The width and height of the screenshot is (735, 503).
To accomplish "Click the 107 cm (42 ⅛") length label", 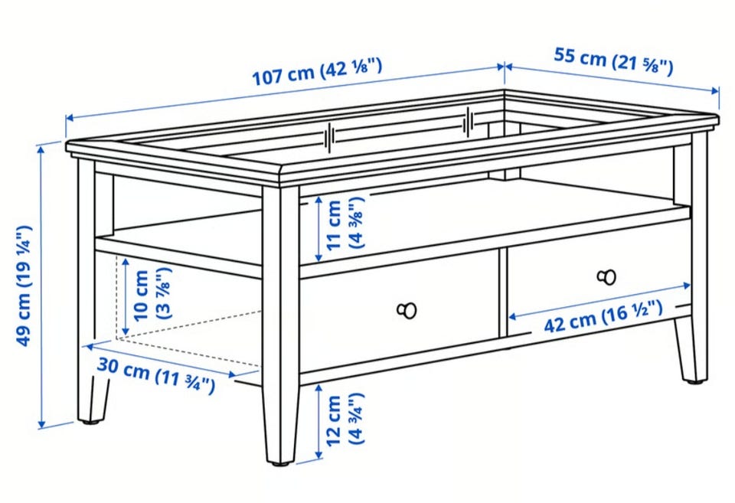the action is coord(317,71).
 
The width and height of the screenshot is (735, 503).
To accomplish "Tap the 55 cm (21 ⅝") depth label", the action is coord(613,60).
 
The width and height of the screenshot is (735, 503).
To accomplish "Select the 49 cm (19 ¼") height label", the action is coord(24,286).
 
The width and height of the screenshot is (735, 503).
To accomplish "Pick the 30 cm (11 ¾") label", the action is coord(156,374).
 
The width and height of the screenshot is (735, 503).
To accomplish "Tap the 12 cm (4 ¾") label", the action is coord(345,420).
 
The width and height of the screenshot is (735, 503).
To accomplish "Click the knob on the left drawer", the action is coord(407,310).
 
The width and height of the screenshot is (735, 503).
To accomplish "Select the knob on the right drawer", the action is coord(606,277).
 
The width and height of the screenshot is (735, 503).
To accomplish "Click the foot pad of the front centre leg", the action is coord(281,464).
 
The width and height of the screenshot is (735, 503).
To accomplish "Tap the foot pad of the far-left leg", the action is coord(91,422).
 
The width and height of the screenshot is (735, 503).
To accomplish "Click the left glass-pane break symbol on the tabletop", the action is coord(330,137).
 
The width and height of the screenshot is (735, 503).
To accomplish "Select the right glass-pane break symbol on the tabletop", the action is coord(468,122).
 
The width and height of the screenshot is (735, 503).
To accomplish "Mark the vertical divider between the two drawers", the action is coord(503,292).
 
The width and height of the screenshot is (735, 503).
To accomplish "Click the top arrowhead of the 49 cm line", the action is coord(41,150).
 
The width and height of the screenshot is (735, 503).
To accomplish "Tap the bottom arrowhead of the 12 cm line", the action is coord(318,455).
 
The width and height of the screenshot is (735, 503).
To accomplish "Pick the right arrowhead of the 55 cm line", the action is coord(715,90).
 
